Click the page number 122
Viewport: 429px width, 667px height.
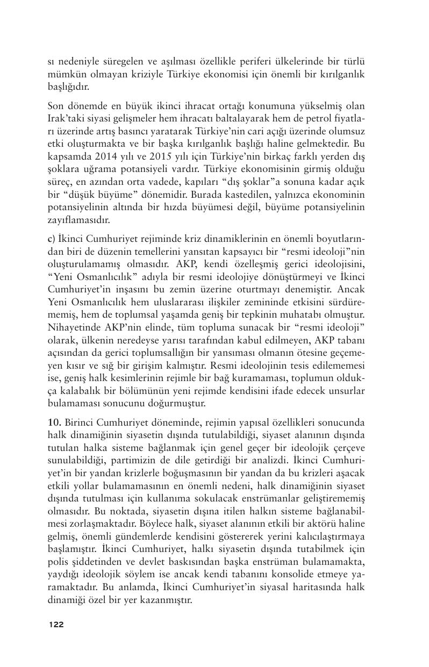click(x=56, y=624)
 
